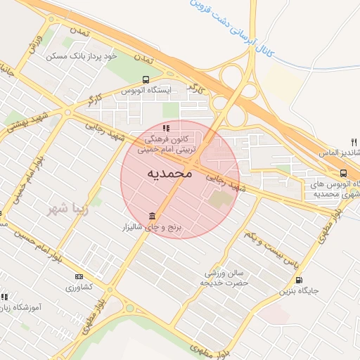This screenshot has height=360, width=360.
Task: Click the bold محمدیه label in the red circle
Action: tap(171, 173)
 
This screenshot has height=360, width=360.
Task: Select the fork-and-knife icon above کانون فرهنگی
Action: tap(167, 128)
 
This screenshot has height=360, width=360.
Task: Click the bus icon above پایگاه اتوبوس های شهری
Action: tap(343, 173)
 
